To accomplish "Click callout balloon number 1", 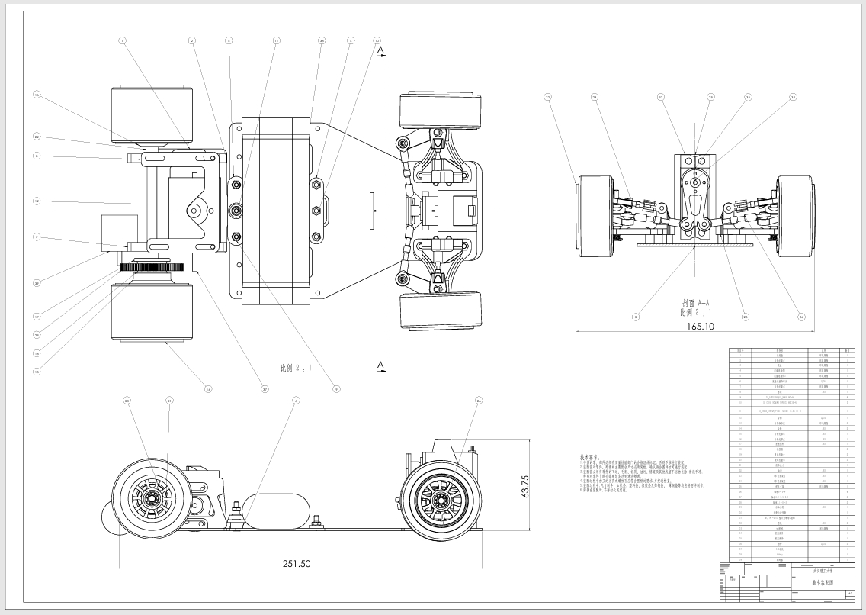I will point(122,40).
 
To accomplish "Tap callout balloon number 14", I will point(207,389).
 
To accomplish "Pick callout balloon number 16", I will point(35,95).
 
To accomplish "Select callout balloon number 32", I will point(547,97).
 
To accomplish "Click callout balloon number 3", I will point(634,316).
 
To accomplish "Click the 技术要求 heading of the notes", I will point(591,456).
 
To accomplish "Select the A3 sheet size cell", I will point(850,593).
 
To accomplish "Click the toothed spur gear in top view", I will point(152,266).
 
